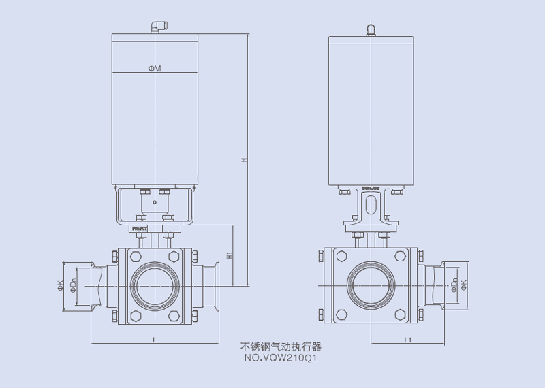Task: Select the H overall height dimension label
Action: [x=243, y=161]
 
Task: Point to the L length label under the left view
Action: [x=154, y=338]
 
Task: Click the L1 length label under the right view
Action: [x=407, y=338]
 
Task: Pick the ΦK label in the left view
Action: [x=61, y=285]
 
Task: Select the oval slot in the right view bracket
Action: [x=370, y=206]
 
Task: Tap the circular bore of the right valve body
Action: [x=371, y=285]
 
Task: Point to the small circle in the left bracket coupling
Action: [x=155, y=202]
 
